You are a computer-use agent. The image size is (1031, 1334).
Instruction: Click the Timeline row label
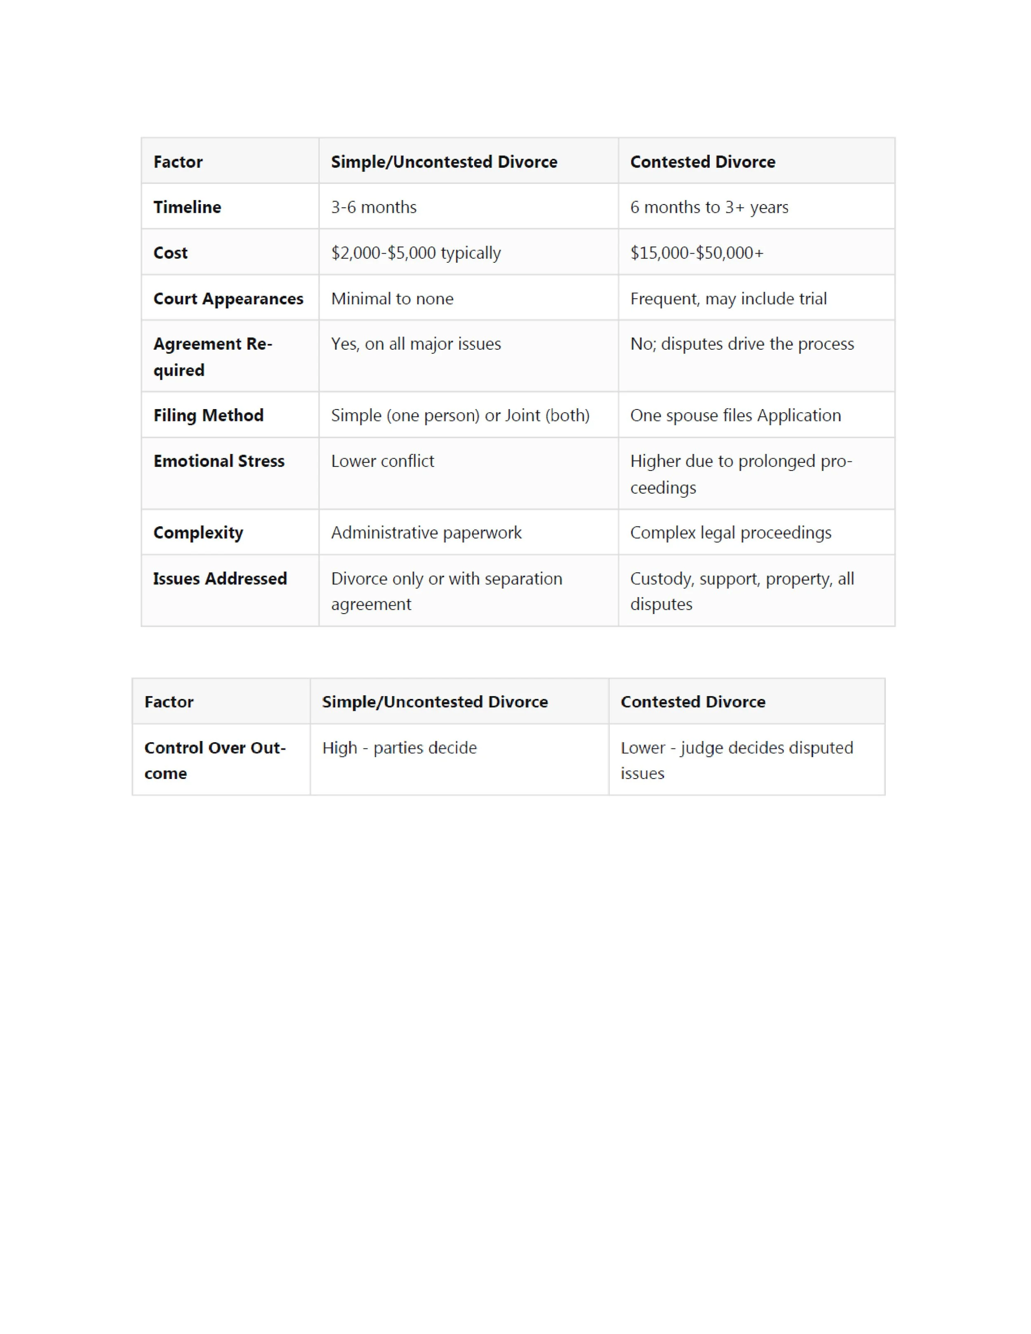tap(187, 207)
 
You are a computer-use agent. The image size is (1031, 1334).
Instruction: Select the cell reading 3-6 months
tap(373, 207)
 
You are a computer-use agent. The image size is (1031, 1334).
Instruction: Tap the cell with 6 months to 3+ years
tap(709, 207)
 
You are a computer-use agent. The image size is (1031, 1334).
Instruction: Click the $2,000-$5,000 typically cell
tap(415, 252)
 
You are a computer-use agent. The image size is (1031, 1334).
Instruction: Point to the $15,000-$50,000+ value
tap(696, 252)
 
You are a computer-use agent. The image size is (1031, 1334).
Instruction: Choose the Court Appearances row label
tap(228, 298)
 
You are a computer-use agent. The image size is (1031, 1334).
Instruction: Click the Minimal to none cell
tap(392, 298)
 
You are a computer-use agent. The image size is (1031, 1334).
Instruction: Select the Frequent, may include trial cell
tap(728, 298)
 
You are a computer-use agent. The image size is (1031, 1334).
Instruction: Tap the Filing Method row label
tap(208, 415)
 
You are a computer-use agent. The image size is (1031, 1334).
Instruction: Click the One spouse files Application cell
tap(735, 415)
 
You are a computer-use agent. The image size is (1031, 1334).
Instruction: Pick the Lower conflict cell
tap(382, 461)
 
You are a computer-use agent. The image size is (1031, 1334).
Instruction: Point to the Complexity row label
tap(198, 533)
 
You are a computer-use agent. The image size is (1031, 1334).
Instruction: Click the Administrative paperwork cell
tap(426, 533)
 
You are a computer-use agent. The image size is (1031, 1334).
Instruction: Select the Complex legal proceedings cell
tap(730, 533)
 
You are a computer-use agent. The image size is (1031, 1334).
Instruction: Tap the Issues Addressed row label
tap(220, 579)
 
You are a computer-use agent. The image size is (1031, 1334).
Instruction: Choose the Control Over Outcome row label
tap(214, 760)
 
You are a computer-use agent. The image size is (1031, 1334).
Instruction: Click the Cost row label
tap(170, 252)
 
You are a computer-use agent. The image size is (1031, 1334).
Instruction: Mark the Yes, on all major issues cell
tap(415, 344)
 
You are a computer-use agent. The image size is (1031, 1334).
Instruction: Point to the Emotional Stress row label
tap(219, 461)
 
